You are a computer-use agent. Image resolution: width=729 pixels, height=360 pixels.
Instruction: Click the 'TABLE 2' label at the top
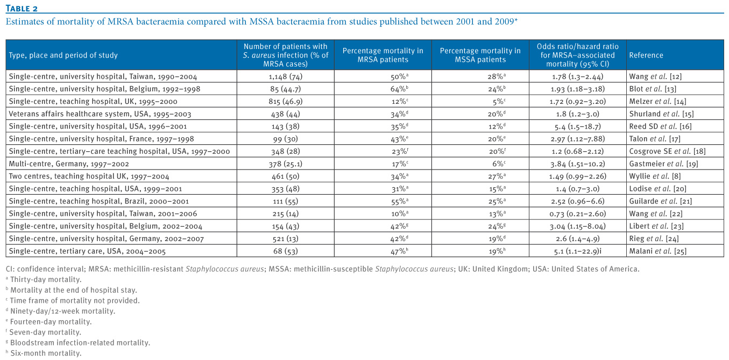22,9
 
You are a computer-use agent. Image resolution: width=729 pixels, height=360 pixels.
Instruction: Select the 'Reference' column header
646,55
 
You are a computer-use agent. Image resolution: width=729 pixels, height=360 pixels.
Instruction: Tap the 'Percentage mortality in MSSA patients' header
480,55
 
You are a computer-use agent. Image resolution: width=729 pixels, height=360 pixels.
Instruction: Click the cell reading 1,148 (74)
286,76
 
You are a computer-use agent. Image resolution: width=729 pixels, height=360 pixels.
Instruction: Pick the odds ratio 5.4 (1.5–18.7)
578,126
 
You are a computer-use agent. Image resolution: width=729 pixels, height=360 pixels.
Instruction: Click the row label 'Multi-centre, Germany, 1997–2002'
69,164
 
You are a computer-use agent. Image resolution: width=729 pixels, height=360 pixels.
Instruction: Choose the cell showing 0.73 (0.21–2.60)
578,214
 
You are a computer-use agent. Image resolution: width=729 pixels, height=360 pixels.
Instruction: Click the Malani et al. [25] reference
658,251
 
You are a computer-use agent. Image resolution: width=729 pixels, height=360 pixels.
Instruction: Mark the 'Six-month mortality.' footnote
44,353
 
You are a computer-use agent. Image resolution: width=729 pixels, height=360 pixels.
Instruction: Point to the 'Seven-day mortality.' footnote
44,332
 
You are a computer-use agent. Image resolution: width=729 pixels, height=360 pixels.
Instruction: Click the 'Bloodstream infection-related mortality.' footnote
78,342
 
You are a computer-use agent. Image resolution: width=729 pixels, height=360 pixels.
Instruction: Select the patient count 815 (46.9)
286,101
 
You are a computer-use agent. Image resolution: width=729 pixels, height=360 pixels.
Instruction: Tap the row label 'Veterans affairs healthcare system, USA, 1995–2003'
100,114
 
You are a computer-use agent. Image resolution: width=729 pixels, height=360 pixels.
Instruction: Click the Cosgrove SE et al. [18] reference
667,151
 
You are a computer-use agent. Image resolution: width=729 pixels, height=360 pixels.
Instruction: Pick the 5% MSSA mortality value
499,101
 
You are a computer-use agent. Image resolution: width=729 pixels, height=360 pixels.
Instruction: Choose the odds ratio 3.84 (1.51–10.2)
578,164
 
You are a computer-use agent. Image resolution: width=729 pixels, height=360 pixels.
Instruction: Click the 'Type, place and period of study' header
63,55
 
